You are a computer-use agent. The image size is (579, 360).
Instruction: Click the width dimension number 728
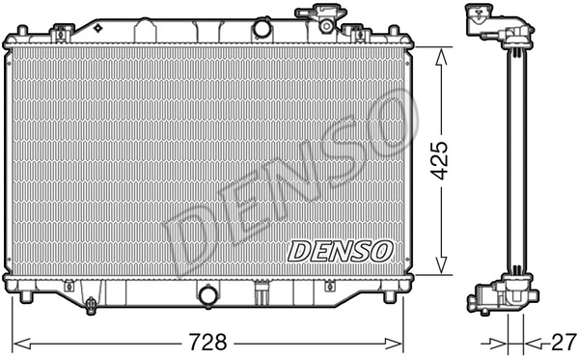(211, 342)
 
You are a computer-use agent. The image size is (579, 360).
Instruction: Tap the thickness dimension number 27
(558, 342)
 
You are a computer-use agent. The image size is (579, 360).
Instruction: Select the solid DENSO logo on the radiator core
(341, 251)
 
